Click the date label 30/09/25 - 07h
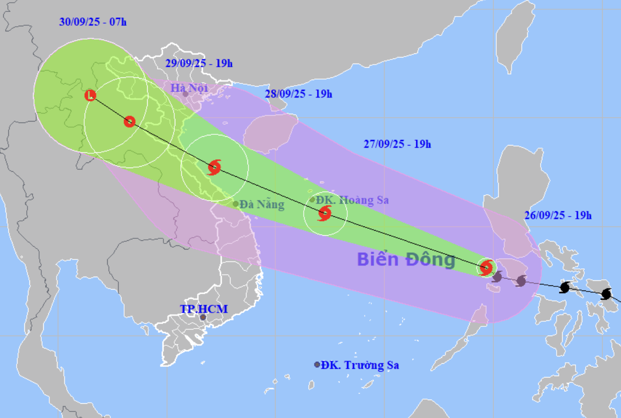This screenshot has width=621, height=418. pyautogui.click(x=93, y=22)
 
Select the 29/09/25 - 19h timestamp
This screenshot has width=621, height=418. pyautogui.click(x=199, y=63)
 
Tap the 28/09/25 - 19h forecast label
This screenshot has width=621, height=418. pyautogui.click(x=299, y=94)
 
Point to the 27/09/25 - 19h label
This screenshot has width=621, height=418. pyautogui.click(x=397, y=144)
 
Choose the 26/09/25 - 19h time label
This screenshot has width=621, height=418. pyautogui.click(x=558, y=215)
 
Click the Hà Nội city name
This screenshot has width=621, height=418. pyautogui.click(x=190, y=87)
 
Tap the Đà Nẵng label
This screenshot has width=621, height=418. pyautogui.click(x=262, y=204)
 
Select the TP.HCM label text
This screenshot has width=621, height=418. pyautogui.click(x=204, y=309)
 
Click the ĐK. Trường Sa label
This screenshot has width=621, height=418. pyautogui.click(x=360, y=365)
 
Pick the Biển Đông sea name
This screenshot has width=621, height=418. pyautogui.click(x=406, y=260)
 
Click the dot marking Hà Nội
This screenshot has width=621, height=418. pyautogui.click(x=185, y=94)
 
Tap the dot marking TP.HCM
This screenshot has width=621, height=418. pyautogui.click(x=203, y=317)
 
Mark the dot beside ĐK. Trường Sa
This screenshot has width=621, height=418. pyautogui.click(x=317, y=365)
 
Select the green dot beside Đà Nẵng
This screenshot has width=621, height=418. pyautogui.click(x=236, y=204)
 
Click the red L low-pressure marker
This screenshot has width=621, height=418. pyautogui.click(x=91, y=95)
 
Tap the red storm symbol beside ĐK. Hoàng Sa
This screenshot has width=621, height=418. pyautogui.click(x=325, y=213)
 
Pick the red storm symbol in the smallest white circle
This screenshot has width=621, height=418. pyautogui.click(x=486, y=267)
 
